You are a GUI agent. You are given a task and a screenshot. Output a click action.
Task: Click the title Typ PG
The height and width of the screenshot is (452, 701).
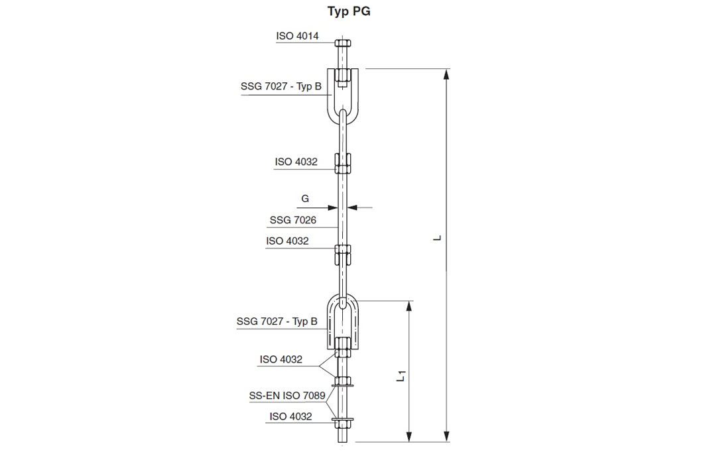[x=349, y=11]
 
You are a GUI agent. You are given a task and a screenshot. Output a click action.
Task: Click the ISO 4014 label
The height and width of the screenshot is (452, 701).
[x=297, y=36]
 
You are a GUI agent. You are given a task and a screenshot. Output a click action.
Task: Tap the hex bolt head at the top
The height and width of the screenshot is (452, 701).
[x=342, y=43]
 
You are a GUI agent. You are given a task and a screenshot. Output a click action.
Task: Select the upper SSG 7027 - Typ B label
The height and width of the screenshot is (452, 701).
[x=281, y=86]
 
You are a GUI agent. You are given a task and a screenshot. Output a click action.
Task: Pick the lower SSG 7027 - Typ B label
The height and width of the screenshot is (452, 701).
[x=277, y=321]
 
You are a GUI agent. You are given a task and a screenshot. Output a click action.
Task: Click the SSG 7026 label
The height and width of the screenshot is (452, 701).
[x=293, y=220]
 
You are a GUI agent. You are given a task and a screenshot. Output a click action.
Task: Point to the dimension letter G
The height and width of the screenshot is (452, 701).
[x=305, y=198]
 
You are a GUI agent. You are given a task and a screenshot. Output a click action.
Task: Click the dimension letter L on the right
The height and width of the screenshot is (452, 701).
[x=438, y=238]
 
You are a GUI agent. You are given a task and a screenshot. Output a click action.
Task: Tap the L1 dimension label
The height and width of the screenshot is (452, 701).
[x=401, y=376]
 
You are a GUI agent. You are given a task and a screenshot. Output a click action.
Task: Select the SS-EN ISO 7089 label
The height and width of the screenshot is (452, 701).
[x=287, y=396]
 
